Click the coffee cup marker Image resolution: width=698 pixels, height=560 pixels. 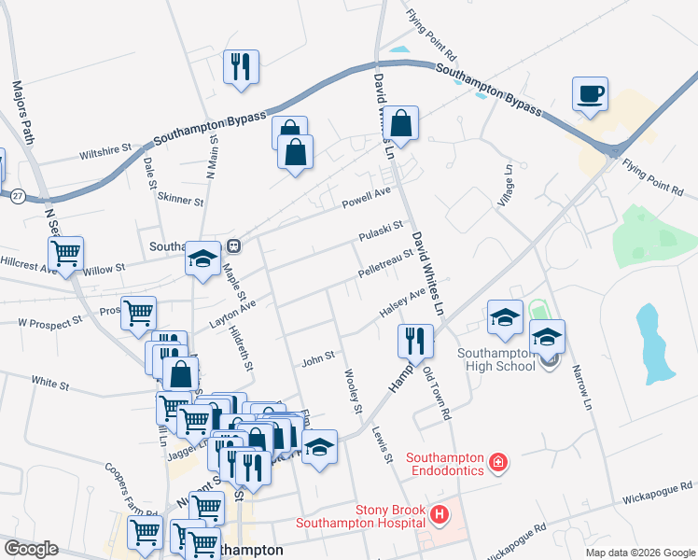pyautogui.click(x=591, y=94)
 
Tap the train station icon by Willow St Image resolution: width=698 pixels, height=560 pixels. pyautogui.click(x=234, y=246)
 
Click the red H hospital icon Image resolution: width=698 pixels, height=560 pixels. pyautogui.click(x=439, y=513)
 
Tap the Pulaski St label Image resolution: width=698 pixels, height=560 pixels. pyautogui.click(x=381, y=230)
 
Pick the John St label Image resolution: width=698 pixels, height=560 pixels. pyautogui.click(x=317, y=357)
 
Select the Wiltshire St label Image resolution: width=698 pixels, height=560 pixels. pyautogui.click(x=105, y=149)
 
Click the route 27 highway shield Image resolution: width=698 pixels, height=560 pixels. pyautogui.click(x=18, y=196)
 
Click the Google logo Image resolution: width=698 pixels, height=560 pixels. pyautogui.click(x=31, y=549)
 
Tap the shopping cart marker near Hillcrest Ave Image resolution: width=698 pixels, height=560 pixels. pyautogui.click(x=65, y=253)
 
